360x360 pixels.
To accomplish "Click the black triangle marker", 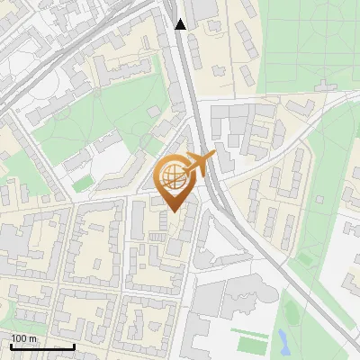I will click(180, 24).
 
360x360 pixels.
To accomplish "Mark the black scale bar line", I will click(42, 347).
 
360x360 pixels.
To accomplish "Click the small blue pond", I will click(283, 339).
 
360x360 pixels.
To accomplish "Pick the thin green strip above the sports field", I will click(249, 331).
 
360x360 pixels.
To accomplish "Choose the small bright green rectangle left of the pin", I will click(83, 183).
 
